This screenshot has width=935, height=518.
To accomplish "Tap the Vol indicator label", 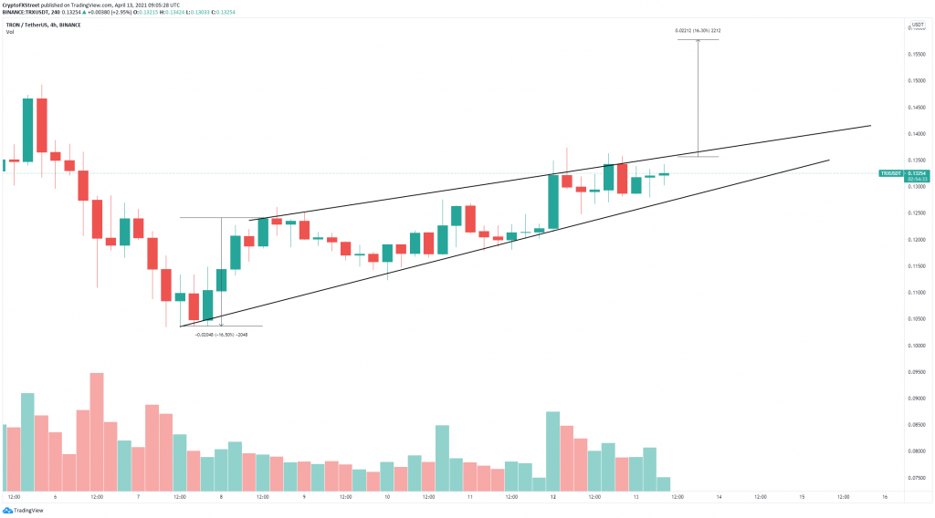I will (9, 32).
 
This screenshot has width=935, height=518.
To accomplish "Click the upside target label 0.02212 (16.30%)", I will (699, 31).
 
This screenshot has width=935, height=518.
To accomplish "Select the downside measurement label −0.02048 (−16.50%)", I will (221, 335).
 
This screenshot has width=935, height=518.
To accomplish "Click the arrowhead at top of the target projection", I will (699, 42).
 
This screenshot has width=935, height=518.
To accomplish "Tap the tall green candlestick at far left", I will (27, 129).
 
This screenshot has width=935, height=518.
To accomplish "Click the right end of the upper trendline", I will (870, 126).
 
